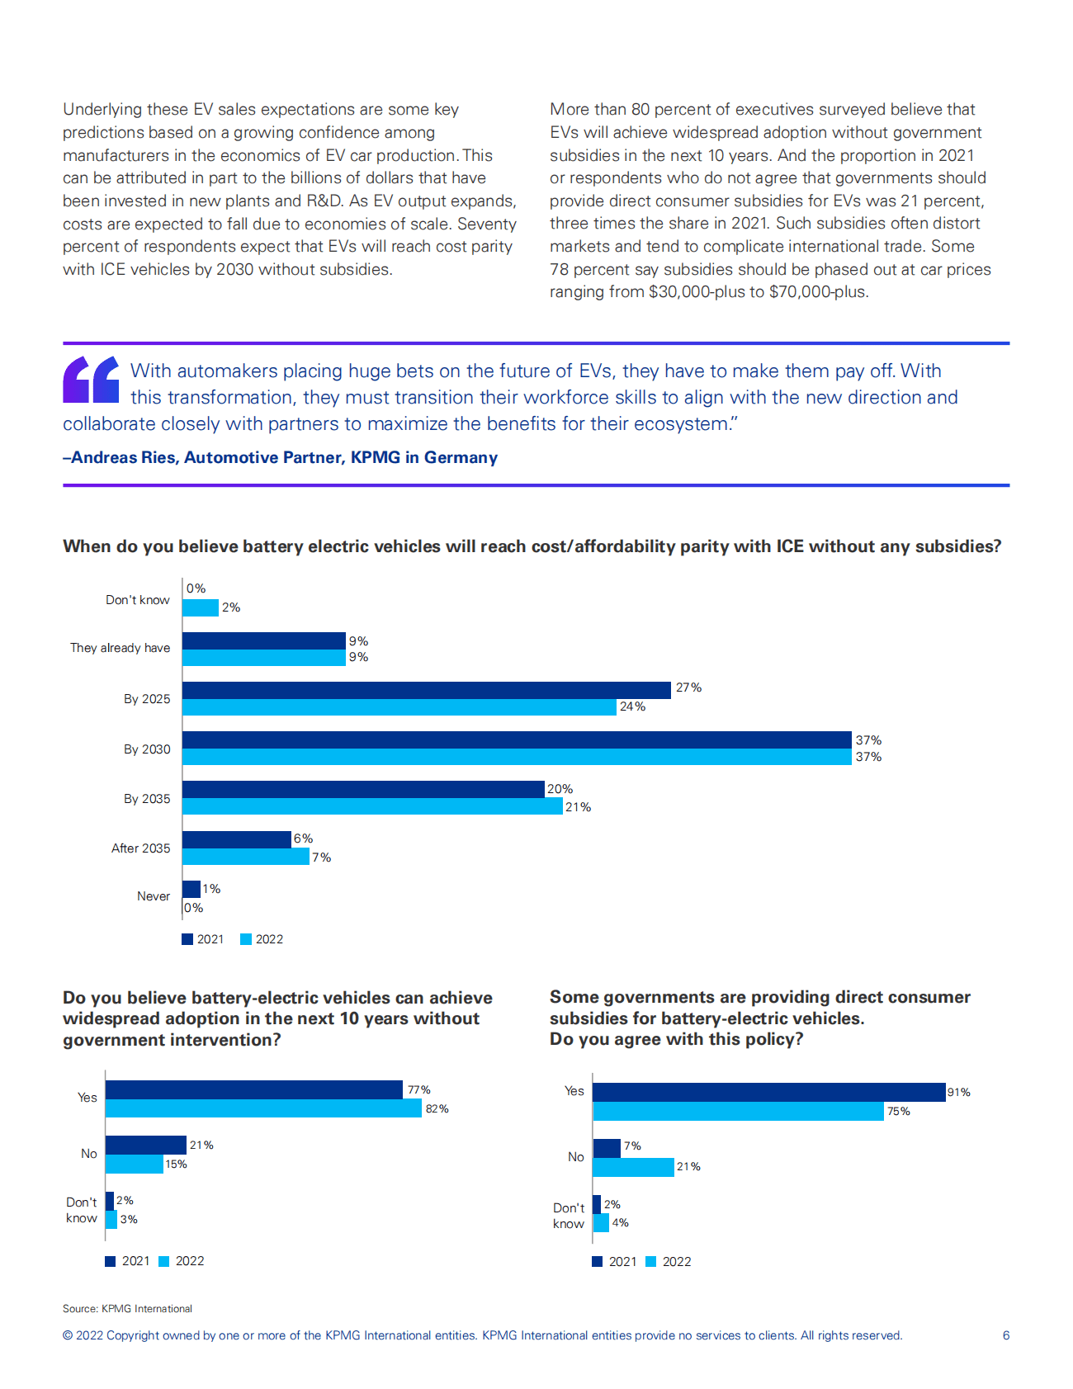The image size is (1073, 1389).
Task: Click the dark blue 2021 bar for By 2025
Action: pyautogui.click(x=426, y=690)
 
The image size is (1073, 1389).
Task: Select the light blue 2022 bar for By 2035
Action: pyautogui.click(x=372, y=806)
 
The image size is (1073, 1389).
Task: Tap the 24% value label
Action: pyautogui.click(x=632, y=706)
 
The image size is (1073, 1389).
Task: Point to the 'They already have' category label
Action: pyautogui.click(x=120, y=648)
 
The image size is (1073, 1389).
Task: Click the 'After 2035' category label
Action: pyautogui.click(x=140, y=848)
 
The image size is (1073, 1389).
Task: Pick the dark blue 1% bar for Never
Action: pyautogui.click(x=191, y=889)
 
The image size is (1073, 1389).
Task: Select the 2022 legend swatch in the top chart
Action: pyautogui.click(x=246, y=939)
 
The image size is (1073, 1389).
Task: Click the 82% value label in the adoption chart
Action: pyautogui.click(x=437, y=1109)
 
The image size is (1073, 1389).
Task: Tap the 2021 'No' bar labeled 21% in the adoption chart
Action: pyautogui.click(x=145, y=1145)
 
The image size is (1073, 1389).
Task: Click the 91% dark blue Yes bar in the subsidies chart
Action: pyautogui.click(x=768, y=1092)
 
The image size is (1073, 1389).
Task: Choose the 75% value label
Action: pyautogui.click(x=898, y=1112)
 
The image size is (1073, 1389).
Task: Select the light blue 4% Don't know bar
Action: pyautogui.click(x=601, y=1223)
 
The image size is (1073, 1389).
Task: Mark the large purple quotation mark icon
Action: pyautogui.click(x=92, y=380)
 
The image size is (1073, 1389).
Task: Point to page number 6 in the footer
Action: pyautogui.click(x=1005, y=1335)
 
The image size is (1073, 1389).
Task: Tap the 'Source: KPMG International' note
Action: pyautogui.click(x=127, y=1309)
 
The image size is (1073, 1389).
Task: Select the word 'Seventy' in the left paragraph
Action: pyautogui.click(x=487, y=224)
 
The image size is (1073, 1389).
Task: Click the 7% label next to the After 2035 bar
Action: pyautogui.click(x=321, y=858)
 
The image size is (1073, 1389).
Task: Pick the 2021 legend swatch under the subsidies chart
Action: pyautogui.click(x=598, y=1262)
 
